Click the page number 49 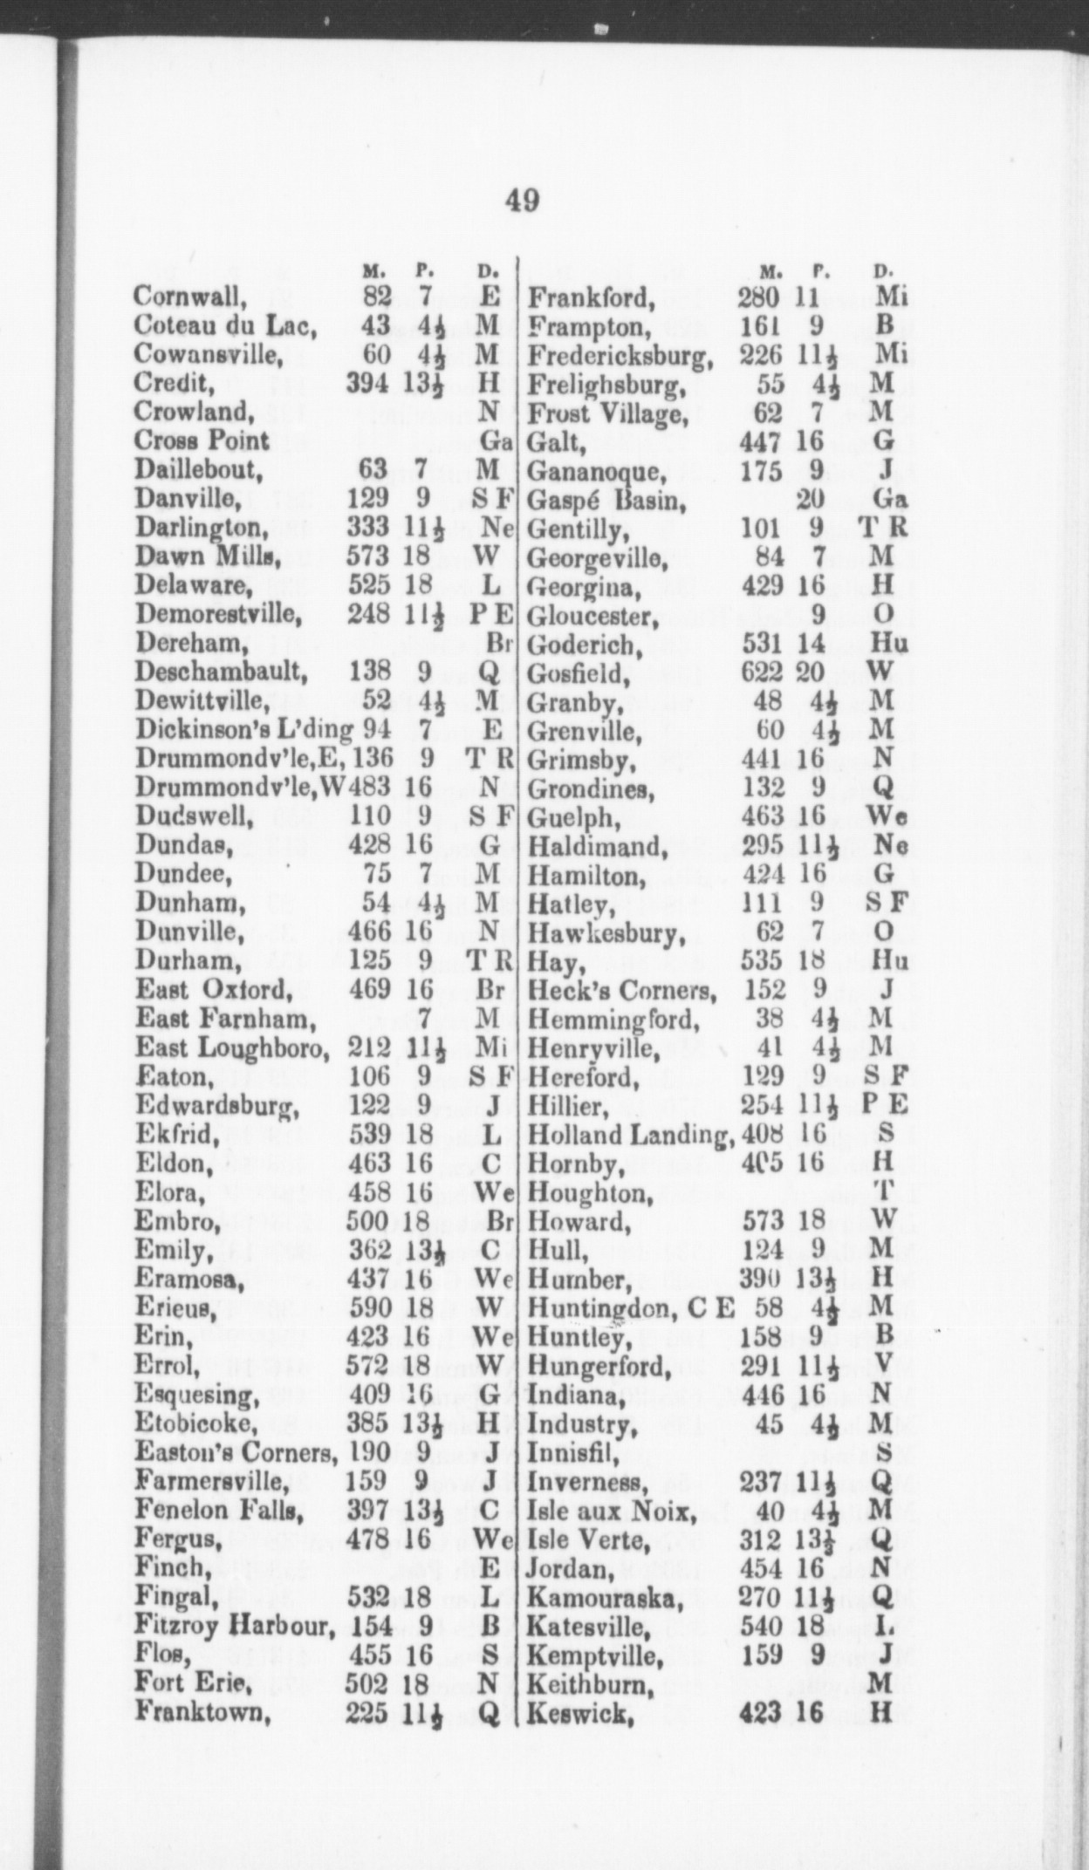click(522, 201)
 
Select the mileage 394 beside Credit click(367, 383)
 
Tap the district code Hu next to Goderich click(889, 644)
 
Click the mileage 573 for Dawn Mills click(367, 556)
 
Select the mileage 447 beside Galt click(759, 442)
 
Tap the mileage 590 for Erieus click(369, 1307)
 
